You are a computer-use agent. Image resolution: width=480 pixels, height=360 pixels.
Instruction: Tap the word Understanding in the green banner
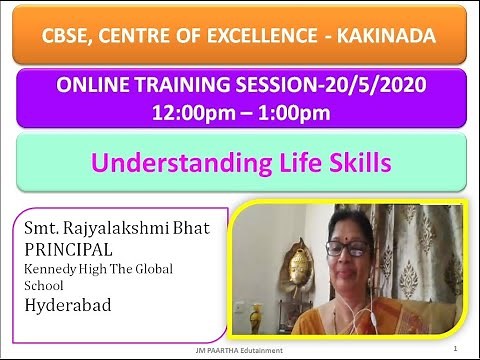pyautogui.click(x=176, y=161)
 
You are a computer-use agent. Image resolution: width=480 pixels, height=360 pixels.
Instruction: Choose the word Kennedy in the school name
pyautogui.click(x=51, y=269)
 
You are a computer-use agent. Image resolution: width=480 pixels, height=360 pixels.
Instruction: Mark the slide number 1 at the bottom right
pyautogui.click(x=454, y=350)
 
